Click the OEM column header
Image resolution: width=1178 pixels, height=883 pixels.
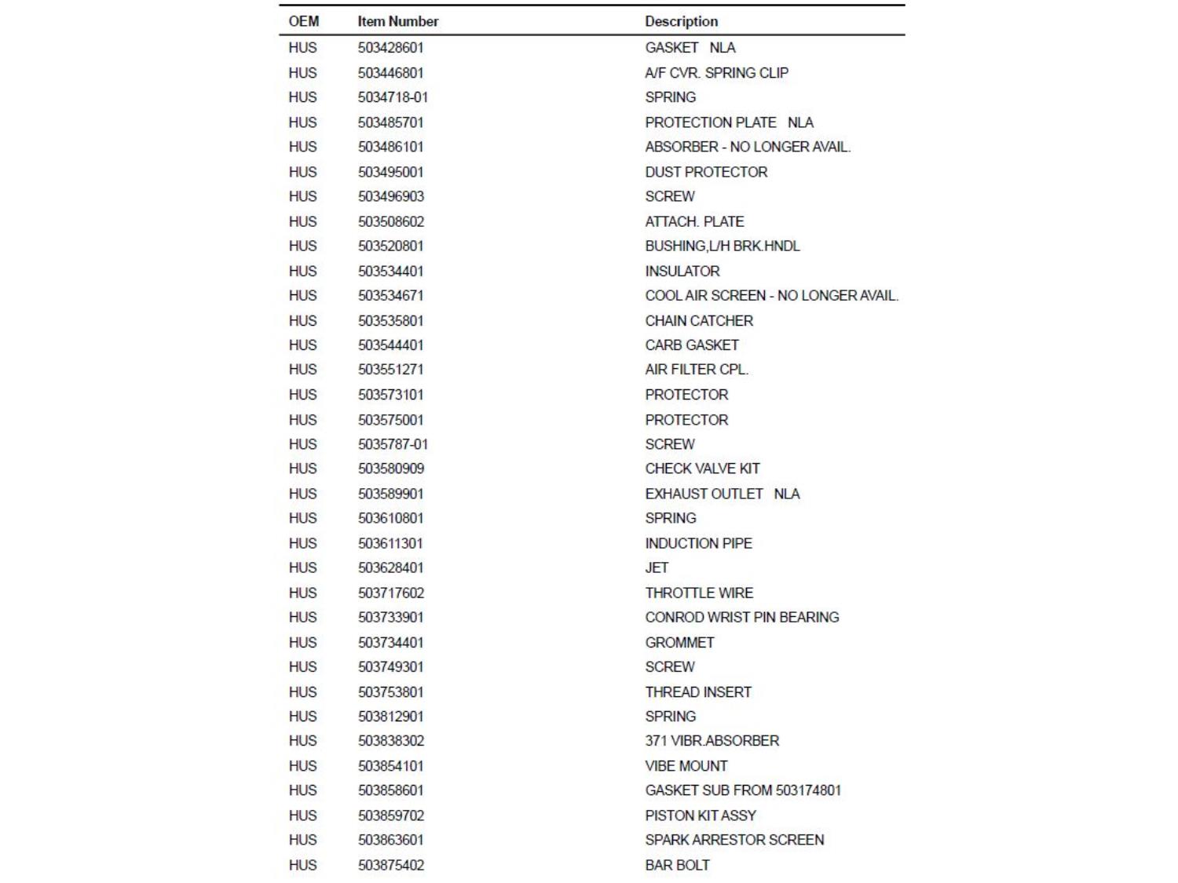point(303,21)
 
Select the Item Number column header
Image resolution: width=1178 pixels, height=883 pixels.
point(397,21)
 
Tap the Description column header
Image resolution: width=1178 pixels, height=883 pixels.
point(681,21)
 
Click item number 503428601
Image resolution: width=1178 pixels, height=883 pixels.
point(390,48)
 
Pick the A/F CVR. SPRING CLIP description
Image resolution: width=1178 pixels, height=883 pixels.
point(716,73)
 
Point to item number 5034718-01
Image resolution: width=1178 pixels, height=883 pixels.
point(393,97)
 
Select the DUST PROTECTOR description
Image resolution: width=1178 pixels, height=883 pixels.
point(706,172)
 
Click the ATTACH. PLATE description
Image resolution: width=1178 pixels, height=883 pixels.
point(694,221)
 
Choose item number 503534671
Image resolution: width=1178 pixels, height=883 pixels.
point(390,296)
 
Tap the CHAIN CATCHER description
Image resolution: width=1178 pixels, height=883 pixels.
point(699,321)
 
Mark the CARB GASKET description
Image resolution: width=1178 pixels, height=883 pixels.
point(692,345)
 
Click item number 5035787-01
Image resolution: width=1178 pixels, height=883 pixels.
point(393,444)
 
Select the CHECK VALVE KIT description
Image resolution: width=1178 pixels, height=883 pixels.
point(702,469)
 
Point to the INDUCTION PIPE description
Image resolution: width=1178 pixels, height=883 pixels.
point(698,543)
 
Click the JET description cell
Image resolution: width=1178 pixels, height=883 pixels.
point(657,567)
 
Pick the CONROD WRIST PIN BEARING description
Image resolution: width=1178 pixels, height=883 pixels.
point(741,617)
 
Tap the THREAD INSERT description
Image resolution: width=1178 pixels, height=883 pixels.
point(698,692)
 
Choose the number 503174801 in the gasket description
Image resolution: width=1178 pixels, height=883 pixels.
point(808,790)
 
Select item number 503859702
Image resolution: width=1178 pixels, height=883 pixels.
point(390,815)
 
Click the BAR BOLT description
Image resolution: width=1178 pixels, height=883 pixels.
point(677,865)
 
